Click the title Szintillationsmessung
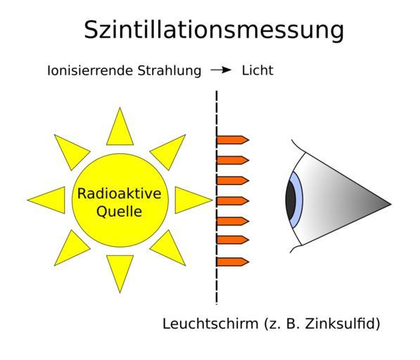coord(214,30)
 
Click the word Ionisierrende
coord(90,70)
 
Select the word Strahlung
coord(170,71)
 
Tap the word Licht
coord(257,70)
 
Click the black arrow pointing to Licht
coord(221,70)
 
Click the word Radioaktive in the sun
coord(119,193)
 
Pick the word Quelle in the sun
coord(119,212)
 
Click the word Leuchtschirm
coord(210,323)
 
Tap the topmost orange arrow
coord(232,140)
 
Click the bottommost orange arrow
coord(232,262)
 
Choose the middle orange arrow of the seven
coord(232,201)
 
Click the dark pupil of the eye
coord(291,200)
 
